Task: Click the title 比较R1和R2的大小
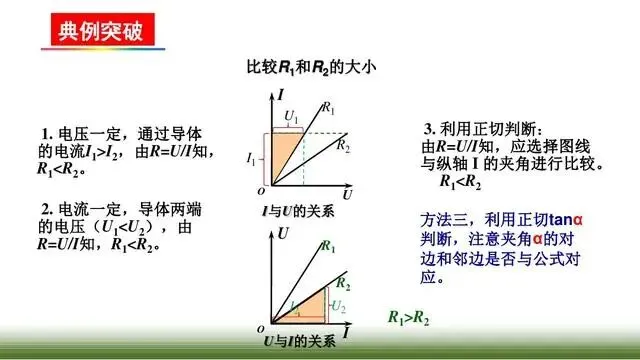317,68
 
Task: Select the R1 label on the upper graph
330,106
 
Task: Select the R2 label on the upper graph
345,146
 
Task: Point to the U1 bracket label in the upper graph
291,118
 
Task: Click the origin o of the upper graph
260,189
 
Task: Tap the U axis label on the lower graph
282,235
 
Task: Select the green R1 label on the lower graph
327,244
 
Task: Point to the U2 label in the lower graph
340,306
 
